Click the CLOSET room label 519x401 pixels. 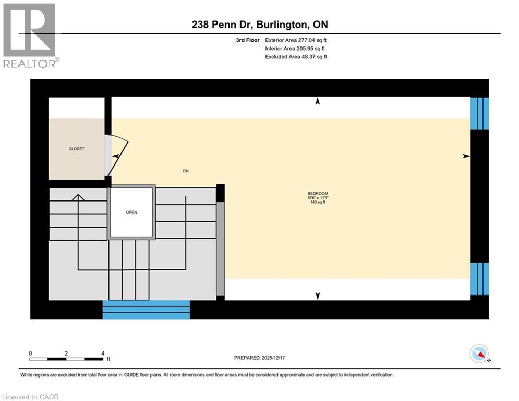[x=76, y=149]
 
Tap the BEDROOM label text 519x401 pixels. [x=318, y=194]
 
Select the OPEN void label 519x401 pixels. [x=131, y=213]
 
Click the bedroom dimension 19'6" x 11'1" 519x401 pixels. [x=318, y=198]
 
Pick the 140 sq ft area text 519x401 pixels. [x=318, y=203]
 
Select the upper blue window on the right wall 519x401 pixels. [x=479, y=113]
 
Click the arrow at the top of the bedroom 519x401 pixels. [x=317, y=101]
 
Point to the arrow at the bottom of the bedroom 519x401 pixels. [x=317, y=297]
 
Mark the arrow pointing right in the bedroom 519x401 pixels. [x=466, y=156]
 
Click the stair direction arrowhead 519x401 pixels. [x=78, y=197]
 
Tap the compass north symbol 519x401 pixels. [x=479, y=355]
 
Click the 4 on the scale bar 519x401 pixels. [x=103, y=353]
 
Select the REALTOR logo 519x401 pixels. [x=30, y=36]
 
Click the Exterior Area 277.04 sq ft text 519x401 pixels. [x=296, y=40]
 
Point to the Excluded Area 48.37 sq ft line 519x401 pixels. [x=296, y=57]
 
